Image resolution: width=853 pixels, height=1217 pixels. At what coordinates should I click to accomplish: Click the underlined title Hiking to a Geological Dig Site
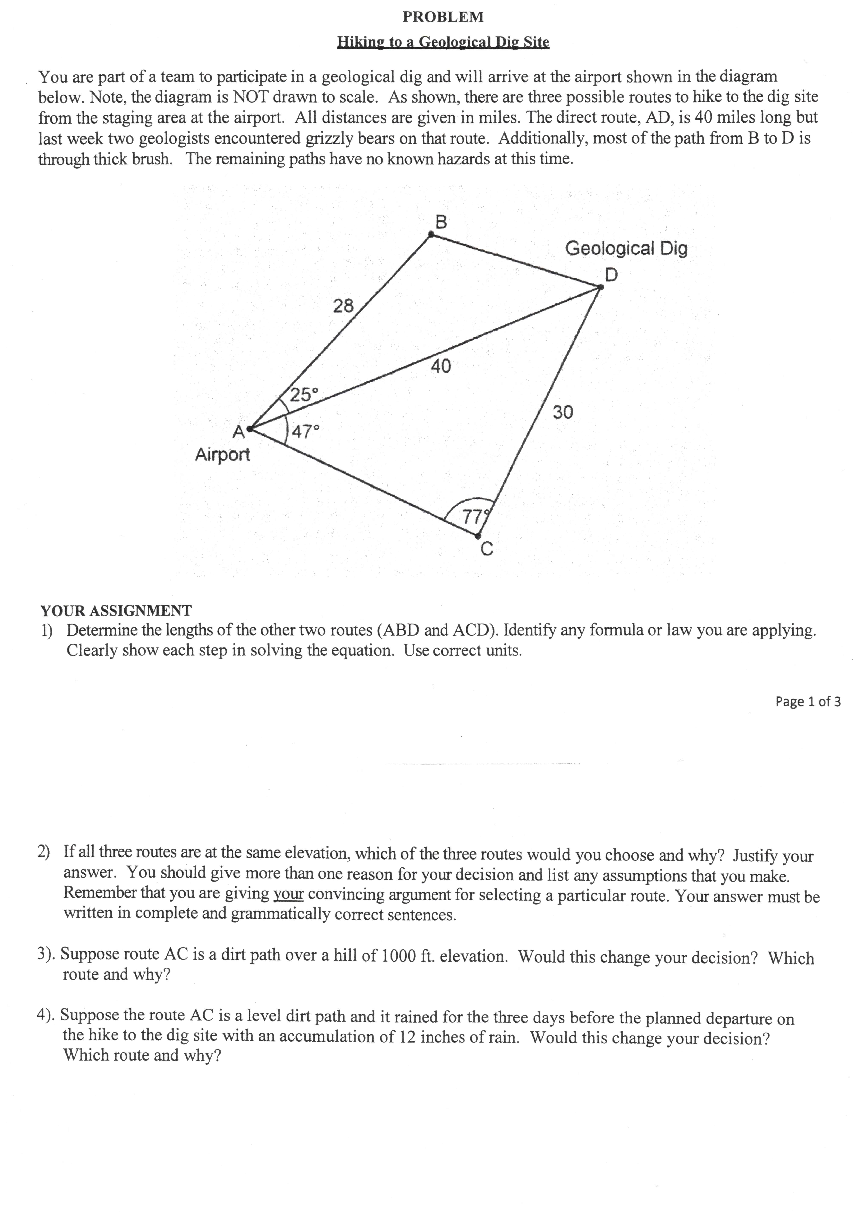tap(443, 42)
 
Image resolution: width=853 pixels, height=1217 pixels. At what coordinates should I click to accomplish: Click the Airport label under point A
tap(222, 454)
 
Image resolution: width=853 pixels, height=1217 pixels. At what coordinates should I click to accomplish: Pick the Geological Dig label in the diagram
tap(626, 248)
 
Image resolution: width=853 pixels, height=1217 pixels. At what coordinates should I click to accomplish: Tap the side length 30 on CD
tap(563, 412)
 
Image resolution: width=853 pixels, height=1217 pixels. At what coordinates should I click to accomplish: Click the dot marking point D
tap(600, 287)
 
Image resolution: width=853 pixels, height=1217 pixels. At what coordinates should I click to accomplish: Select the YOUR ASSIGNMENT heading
tap(116, 611)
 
